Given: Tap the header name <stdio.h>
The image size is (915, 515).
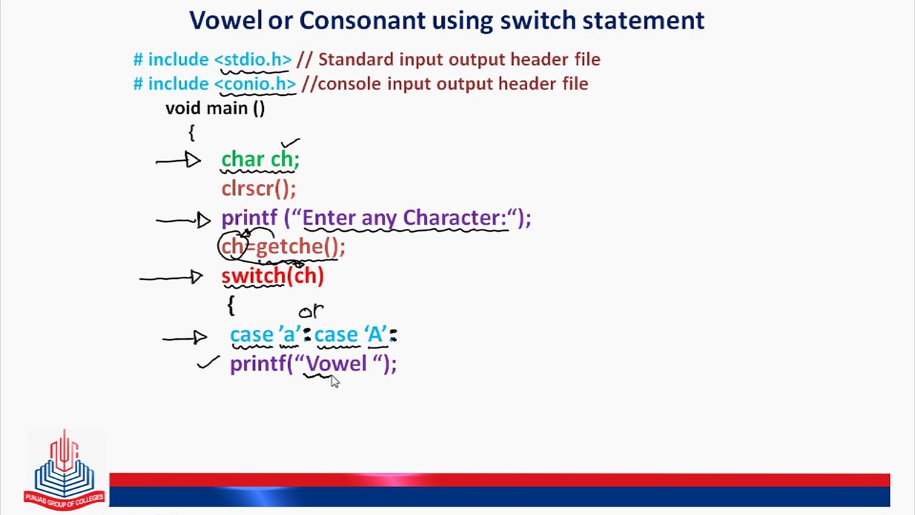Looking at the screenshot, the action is pos(253,59).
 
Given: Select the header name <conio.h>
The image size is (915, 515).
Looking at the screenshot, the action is pos(255,84).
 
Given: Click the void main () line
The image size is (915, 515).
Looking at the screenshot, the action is pos(215,109).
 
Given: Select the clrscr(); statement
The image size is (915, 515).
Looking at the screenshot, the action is pos(259,189).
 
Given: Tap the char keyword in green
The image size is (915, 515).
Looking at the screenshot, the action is pos(242,159).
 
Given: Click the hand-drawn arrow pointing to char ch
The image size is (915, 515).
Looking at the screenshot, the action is pos(178,160).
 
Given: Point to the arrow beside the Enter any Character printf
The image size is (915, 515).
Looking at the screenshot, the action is pos(184,220).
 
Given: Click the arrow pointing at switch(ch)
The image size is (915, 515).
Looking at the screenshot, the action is pos(171,278).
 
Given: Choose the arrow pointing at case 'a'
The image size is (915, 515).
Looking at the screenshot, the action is pos(184,338).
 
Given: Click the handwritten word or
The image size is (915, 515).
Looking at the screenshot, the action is pos(311,311).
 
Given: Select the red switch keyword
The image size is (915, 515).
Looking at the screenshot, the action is pos(253,276).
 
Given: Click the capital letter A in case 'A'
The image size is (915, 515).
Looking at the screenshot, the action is pos(375,335).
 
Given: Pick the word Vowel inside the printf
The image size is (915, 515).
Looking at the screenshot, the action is pos(337,363).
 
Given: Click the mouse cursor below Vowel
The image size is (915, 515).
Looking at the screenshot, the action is pos(335,381).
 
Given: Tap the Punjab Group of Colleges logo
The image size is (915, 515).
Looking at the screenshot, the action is pos(64,469).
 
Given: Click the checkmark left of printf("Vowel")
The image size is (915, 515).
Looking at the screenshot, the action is pos(208,362).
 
